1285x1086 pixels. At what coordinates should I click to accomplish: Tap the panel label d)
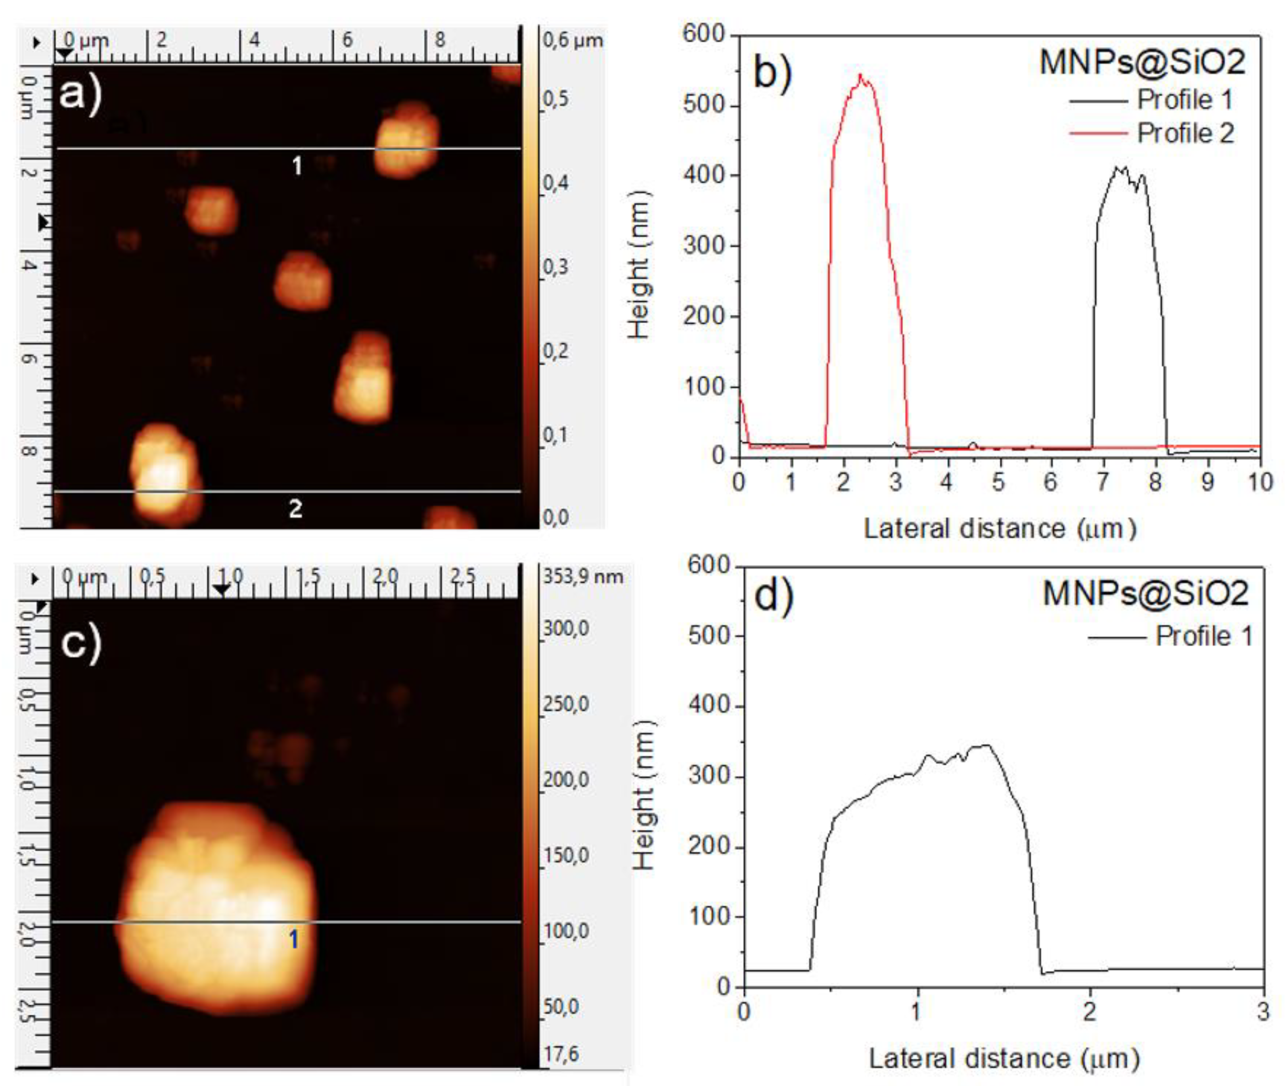coord(774,596)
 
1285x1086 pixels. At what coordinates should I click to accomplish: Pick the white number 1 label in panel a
coord(297,166)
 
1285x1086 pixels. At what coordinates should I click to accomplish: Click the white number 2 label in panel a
coord(295,509)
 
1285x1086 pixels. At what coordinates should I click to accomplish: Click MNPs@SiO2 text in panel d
coord(1145,593)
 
